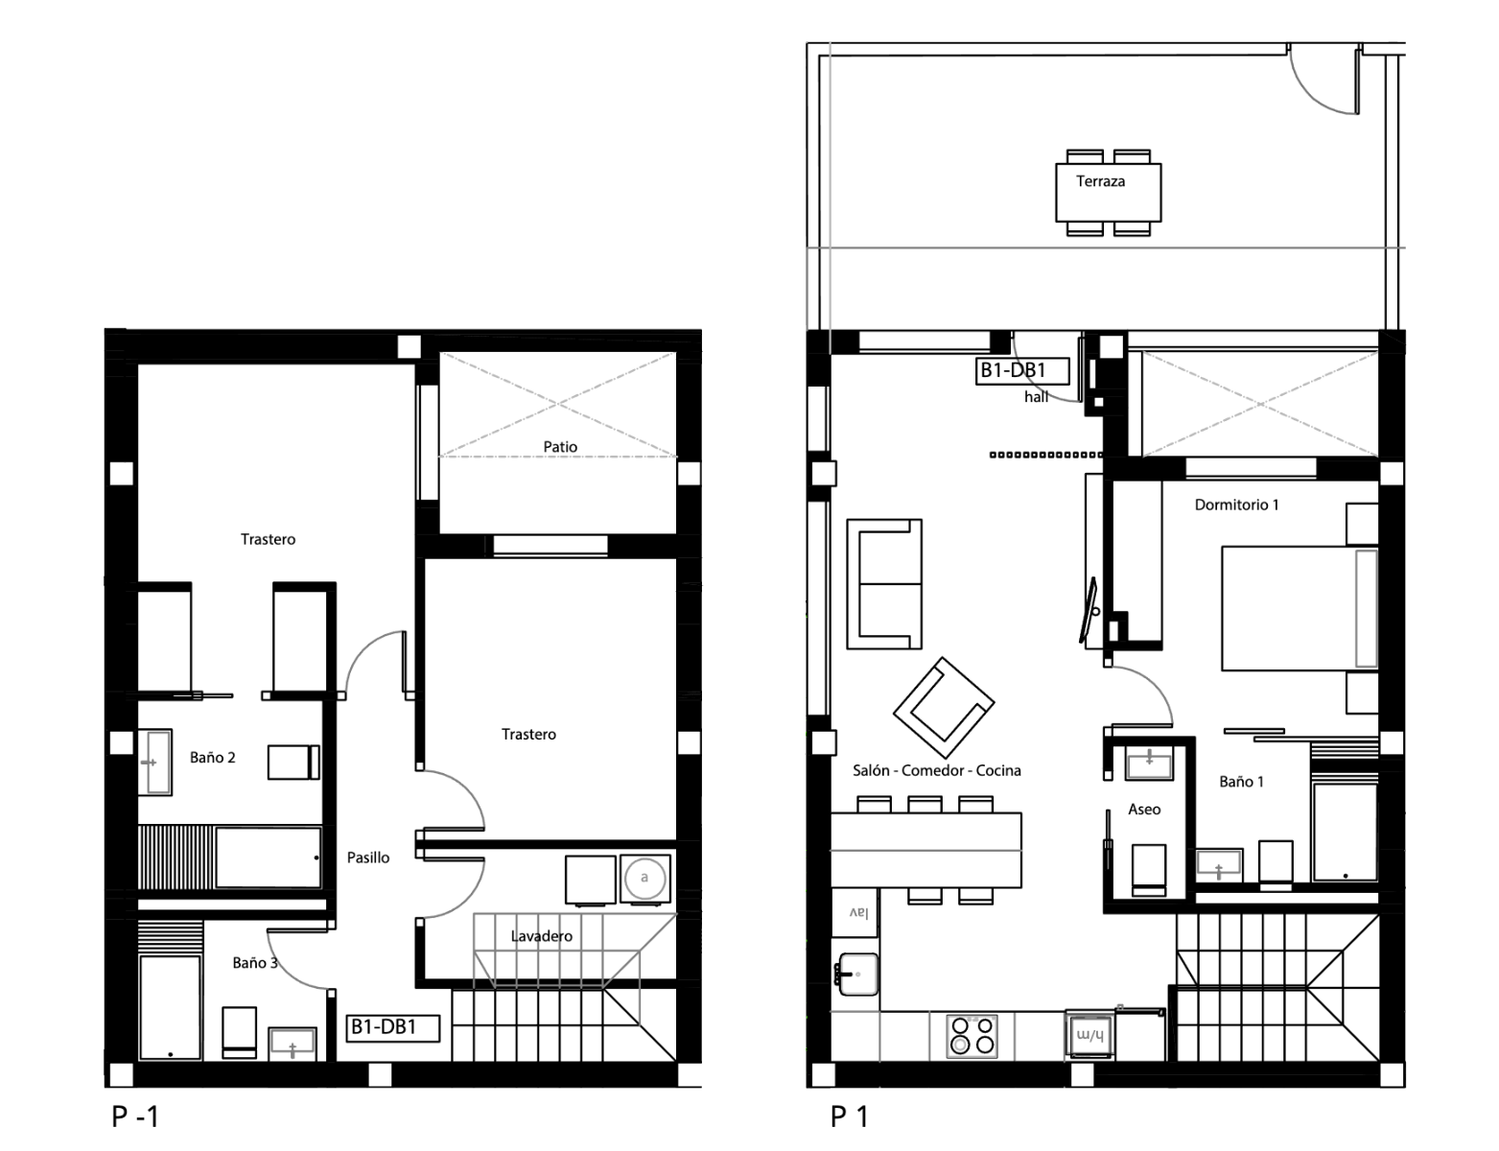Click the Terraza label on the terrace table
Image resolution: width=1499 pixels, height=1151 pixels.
(1100, 181)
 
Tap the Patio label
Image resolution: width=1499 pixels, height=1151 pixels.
(560, 447)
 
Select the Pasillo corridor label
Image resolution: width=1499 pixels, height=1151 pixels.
(367, 857)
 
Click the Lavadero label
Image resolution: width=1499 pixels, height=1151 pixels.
(542, 936)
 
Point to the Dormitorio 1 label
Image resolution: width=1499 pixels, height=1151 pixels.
(1236, 505)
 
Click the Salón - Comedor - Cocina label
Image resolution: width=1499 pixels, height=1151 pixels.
(936, 770)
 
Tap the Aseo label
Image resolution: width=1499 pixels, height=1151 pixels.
(1144, 809)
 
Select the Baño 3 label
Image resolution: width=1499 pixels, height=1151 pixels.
(254, 963)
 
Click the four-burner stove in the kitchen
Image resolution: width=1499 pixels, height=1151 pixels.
(972, 1036)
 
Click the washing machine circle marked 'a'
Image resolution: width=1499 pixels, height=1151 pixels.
(645, 879)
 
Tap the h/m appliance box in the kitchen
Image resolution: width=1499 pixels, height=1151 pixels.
(1089, 1035)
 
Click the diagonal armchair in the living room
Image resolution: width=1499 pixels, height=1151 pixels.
(943, 708)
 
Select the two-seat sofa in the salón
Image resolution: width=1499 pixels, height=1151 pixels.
(883, 584)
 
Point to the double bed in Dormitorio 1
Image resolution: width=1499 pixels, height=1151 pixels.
(1300, 608)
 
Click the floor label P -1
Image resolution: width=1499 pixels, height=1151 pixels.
(135, 1116)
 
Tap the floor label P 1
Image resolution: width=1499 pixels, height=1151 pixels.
(849, 1116)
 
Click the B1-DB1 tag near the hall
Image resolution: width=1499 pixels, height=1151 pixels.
(1022, 371)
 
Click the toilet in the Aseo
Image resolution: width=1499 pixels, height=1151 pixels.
(1149, 870)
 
